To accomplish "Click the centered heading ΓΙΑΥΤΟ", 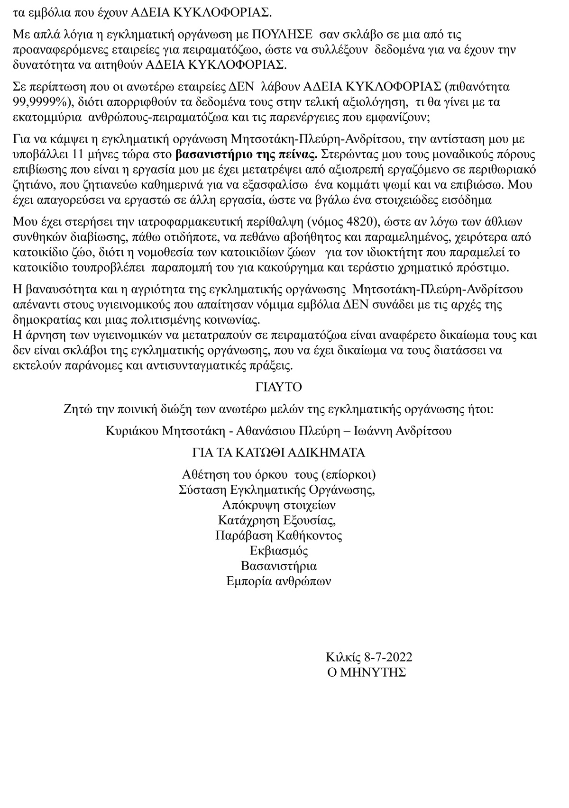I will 278,387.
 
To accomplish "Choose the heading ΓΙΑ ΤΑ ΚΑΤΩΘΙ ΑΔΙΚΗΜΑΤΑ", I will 278,453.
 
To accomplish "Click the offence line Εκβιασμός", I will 279,551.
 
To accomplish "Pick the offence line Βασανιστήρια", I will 279,566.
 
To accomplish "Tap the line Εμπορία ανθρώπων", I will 279,581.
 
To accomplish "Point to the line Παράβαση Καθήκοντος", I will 279,536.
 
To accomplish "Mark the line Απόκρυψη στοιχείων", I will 279,505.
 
